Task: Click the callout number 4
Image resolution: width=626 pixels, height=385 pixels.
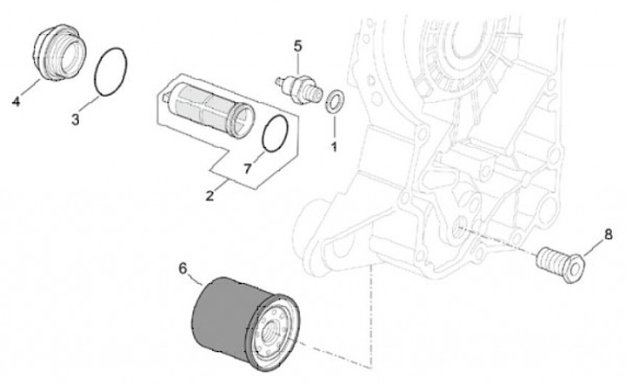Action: [x=16, y=103]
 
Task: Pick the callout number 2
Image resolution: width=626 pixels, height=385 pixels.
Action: [x=210, y=196]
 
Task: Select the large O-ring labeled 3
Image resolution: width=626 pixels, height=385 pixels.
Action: [x=112, y=70]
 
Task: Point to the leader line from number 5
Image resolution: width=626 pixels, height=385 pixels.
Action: [x=298, y=62]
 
